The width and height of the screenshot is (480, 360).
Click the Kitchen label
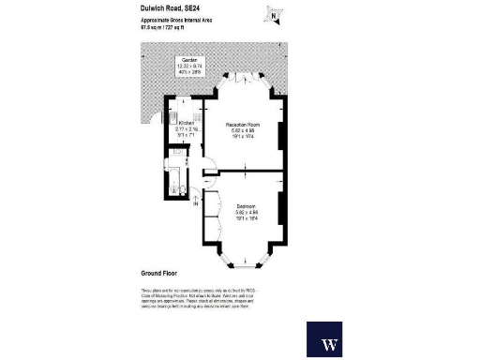coord(186,123)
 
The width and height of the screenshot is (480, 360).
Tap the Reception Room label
coord(247,123)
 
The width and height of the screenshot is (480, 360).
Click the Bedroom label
coord(247,204)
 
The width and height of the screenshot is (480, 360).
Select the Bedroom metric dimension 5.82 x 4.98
coord(247,211)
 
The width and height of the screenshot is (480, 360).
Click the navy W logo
coord(330,342)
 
